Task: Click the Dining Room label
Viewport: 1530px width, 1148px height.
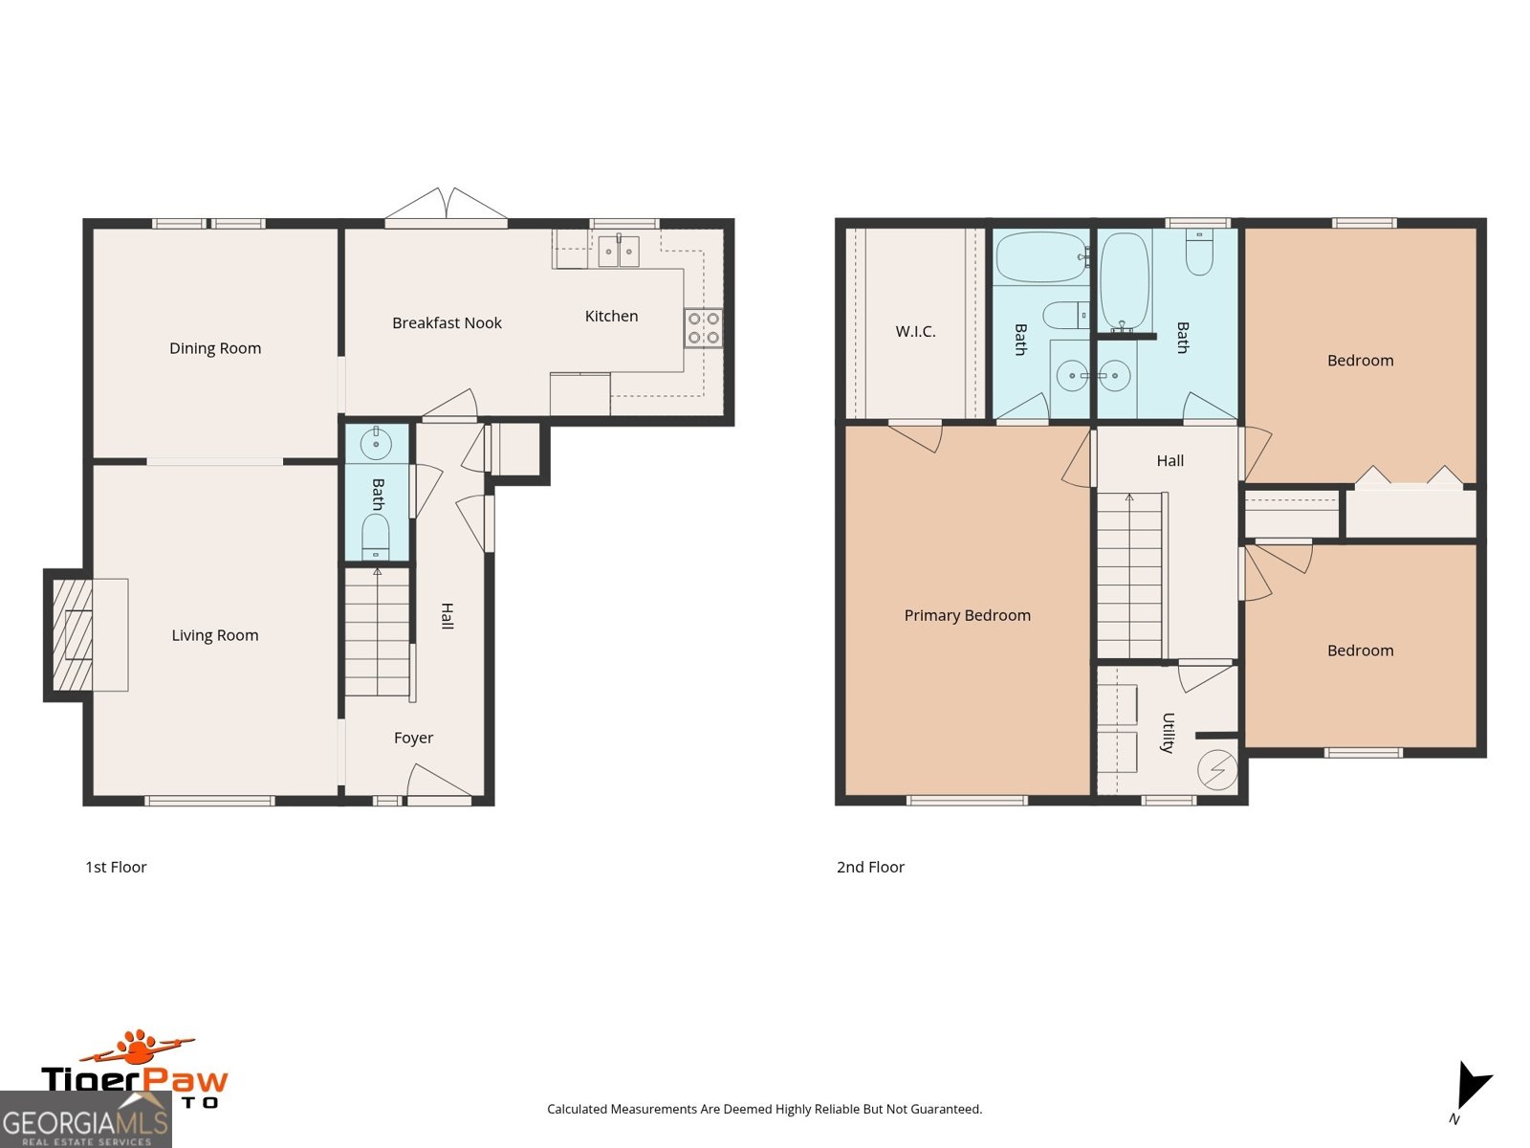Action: point(215,348)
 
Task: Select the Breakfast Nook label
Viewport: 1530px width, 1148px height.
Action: point(447,323)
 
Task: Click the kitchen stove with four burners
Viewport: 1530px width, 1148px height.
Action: point(704,327)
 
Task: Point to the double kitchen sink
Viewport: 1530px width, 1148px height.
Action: point(619,251)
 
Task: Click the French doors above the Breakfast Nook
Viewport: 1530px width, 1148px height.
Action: point(446,207)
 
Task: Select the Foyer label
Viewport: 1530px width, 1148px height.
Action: point(413,738)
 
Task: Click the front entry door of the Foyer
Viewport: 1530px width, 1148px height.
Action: point(438,786)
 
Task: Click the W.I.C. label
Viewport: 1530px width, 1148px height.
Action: point(915,332)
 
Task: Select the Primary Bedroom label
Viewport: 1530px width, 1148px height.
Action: point(967,615)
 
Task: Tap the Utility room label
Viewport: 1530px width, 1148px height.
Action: point(1168,733)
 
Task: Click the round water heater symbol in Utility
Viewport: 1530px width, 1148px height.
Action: point(1217,769)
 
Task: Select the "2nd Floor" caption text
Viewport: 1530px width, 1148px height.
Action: point(870,867)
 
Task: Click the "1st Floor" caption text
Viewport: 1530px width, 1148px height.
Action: point(116,867)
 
